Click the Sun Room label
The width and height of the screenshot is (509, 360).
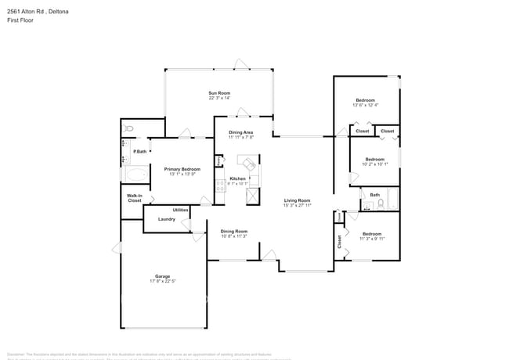coord(219,92)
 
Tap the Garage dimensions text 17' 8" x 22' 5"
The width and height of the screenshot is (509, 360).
coord(162,282)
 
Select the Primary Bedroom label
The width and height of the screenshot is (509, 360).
coord(182,169)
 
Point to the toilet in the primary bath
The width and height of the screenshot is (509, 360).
coord(129,128)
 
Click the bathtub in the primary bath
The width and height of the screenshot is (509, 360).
coord(134,175)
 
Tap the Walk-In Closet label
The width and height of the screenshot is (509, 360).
coord(135,199)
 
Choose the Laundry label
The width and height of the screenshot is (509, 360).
coord(166,219)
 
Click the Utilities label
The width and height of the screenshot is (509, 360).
coord(180,210)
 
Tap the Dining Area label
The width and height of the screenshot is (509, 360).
coord(240,132)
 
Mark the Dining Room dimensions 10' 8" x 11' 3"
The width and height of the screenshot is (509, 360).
coord(233,236)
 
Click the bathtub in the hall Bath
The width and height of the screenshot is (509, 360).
coord(393,200)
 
